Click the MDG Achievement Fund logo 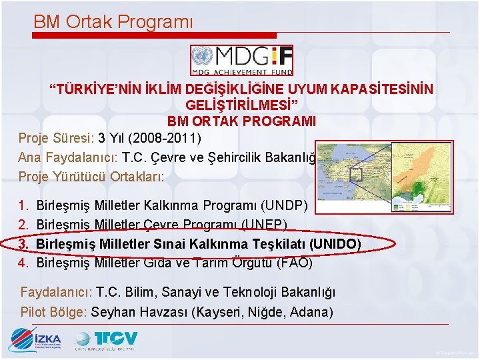pos(241,60)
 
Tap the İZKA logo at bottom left pos(36,340)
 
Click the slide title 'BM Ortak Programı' pos(113,21)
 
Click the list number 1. pos(23,205)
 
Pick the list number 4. pos(23,263)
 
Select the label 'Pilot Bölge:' pos(54,312)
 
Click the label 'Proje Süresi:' pos(56,139)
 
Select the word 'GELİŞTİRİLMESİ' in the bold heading pos(241,105)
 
